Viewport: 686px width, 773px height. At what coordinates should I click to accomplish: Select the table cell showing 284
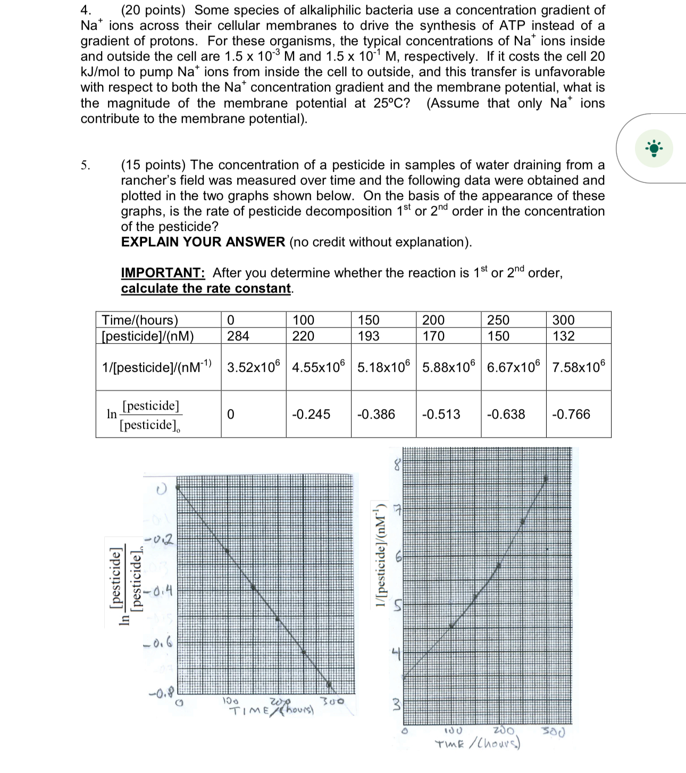click(x=238, y=336)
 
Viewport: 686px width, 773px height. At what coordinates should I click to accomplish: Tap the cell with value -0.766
click(x=571, y=414)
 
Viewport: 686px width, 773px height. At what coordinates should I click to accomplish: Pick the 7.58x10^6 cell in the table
click(x=578, y=367)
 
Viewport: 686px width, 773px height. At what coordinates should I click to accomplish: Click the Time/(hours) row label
click(x=140, y=320)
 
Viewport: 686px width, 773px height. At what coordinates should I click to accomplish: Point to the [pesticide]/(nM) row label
click(x=147, y=336)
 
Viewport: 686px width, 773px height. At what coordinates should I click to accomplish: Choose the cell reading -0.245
click(x=311, y=414)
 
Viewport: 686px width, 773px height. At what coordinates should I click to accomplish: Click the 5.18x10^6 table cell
click(x=383, y=367)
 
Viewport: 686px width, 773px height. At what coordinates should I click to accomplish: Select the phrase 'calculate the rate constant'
click(x=206, y=288)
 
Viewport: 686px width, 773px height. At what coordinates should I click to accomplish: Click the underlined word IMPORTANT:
click(x=163, y=273)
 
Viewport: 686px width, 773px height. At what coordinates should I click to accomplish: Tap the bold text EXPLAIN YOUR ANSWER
click(x=203, y=242)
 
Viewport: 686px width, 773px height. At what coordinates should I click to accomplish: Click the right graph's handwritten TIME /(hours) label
click(x=477, y=744)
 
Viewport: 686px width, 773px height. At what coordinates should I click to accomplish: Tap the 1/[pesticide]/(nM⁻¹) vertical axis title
click(x=380, y=554)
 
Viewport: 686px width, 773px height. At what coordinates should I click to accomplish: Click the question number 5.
click(x=86, y=165)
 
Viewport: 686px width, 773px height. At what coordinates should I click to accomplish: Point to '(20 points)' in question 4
click(x=153, y=10)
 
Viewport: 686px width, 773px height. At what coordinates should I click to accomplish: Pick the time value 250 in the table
click(x=498, y=320)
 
